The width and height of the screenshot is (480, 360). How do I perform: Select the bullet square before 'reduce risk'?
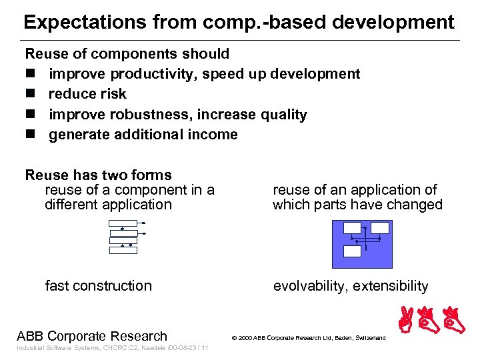click(30, 94)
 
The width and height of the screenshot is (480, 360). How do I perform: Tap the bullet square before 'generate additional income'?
click(30, 135)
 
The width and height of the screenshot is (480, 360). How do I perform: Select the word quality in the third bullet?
click(283, 115)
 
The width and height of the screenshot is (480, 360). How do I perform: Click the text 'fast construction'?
click(98, 286)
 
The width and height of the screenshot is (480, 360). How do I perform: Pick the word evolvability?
click(308, 286)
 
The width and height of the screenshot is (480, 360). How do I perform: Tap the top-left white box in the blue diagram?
click(351, 229)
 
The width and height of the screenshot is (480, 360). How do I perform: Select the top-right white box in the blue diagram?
click(380, 229)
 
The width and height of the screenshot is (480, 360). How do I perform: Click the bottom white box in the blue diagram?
click(352, 251)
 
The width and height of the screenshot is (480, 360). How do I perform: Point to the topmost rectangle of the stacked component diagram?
click(123, 223)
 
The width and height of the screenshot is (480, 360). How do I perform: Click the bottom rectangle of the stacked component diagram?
click(123, 250)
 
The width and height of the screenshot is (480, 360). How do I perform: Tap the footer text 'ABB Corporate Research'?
click(92, 336)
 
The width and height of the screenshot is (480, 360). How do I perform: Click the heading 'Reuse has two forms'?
click(98, 175)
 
